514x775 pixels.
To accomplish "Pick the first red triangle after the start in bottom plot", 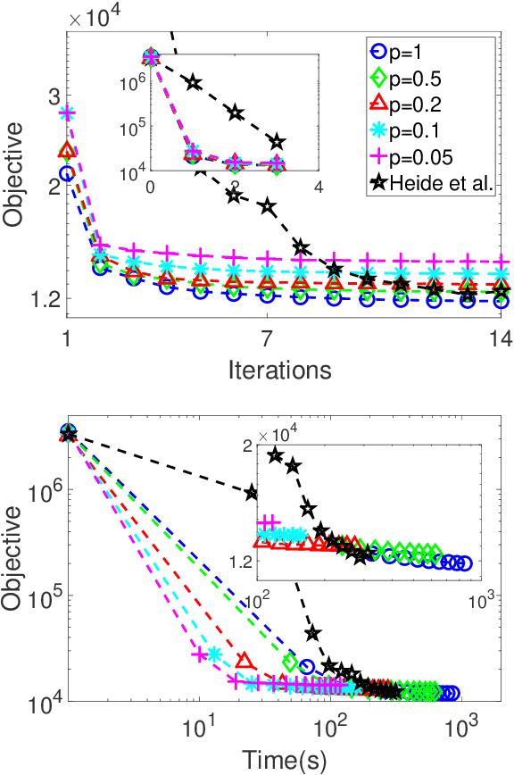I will [246, 661].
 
